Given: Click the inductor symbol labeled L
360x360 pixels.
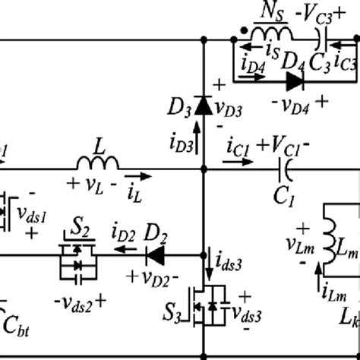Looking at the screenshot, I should click(x=96, y=163).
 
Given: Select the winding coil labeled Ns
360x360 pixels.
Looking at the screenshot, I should click(x=271, y=34).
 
